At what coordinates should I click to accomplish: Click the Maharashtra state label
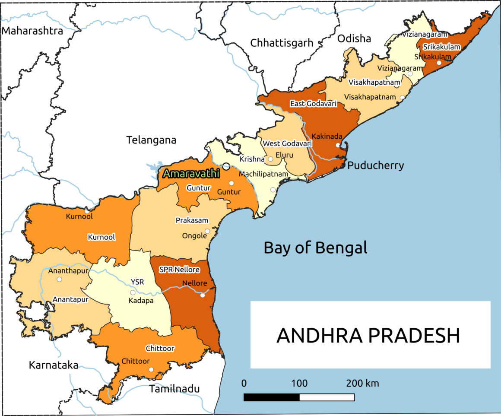[x=32, y=31]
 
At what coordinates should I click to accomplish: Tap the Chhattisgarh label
[x=282, y=43]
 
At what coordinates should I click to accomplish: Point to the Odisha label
[x=354, y=38]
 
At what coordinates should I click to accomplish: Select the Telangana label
[x=152, y=140]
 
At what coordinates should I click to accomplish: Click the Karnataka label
[x=54, y=365]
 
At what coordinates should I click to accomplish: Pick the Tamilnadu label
[x=174, y=389]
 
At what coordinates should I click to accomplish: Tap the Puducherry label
[x=376, y=165]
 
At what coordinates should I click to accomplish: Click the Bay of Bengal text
[x=315, y=248]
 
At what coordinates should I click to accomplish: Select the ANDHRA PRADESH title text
[x=368, y=336]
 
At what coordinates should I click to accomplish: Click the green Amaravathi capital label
[x=191, y=174]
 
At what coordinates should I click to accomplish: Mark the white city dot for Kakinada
[x=338, y=145]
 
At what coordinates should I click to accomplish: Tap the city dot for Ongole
[x=207, y=231]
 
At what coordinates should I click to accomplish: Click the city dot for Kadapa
[x=133, y=292]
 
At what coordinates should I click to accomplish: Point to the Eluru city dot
[x=271, y=159]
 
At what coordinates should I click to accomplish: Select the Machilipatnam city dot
[x=273, y=190]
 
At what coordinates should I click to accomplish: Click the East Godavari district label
[x=310, y=104]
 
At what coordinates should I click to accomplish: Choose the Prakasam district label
[x=192, y=220]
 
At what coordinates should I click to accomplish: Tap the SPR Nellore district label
[x=179, y=270]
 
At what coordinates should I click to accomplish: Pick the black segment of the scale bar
[x=271, y=397]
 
